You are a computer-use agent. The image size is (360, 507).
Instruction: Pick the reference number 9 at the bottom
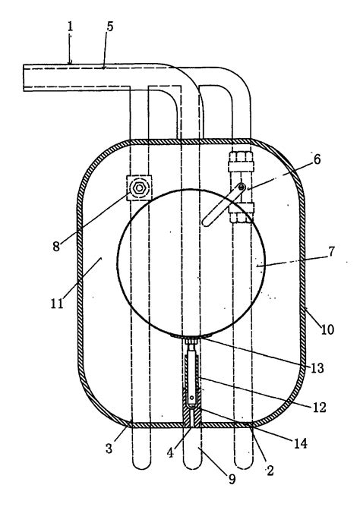coord(232,479)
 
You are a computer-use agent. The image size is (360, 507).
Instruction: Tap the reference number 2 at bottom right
coord(270,472)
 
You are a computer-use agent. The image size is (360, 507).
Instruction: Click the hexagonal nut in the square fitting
coord(139,187)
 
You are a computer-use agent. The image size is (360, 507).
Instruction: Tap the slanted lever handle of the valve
coord(223,206)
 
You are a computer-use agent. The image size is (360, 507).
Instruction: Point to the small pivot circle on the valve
coord(241,187)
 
